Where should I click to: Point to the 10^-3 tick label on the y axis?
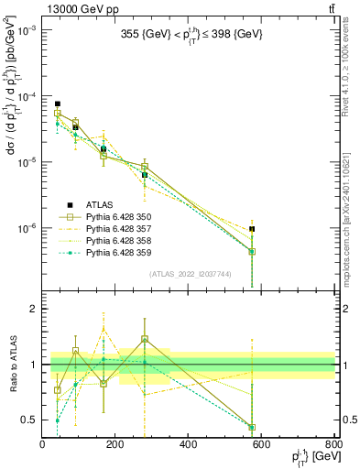point(26,30)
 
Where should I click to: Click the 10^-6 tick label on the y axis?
point(26,228)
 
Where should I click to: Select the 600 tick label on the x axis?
point(262,445)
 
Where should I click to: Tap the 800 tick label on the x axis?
point(334,445)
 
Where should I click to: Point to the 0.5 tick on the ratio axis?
point(29,420)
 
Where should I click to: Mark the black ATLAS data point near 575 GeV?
point(252,229)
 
